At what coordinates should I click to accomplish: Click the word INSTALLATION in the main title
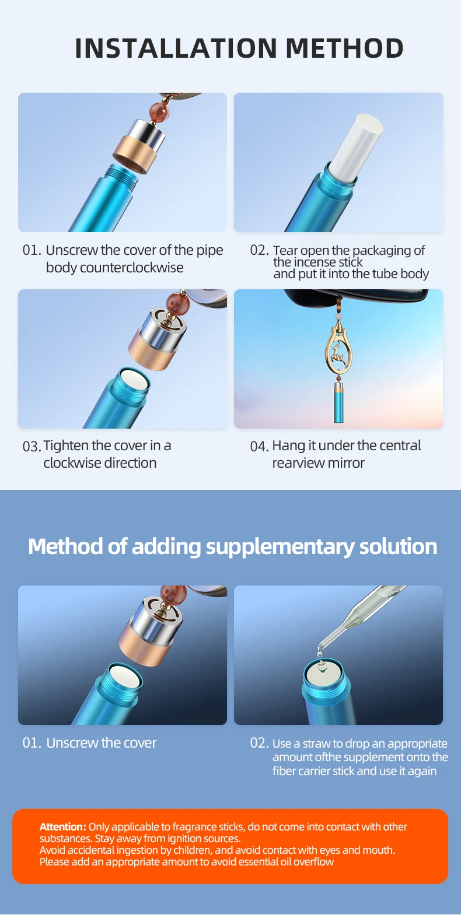click(x=176, y=48)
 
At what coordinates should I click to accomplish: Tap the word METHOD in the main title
click(x=344, y=48)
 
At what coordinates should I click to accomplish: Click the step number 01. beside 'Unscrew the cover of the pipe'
click(x=32, y=250)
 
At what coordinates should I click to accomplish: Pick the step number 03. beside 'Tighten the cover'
click(x=32, y=446)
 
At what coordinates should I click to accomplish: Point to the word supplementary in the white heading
click(x=280, y=546)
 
